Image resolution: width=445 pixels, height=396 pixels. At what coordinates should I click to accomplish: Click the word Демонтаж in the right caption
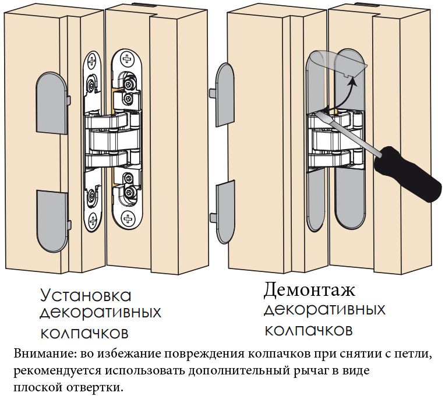click(x=309, y=289)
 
